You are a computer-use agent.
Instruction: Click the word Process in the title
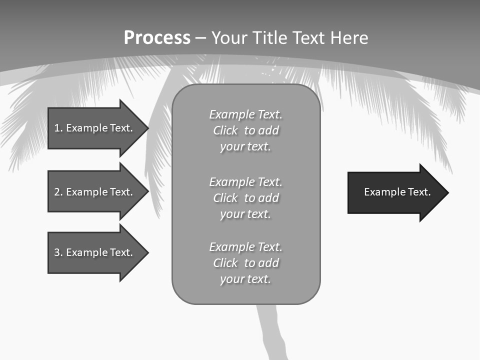(x=157, y=38)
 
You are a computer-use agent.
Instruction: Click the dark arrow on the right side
(x=395, y=192)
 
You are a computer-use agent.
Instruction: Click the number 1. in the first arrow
(x=58, y=128)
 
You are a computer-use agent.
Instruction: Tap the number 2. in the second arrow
(x=58, y=192)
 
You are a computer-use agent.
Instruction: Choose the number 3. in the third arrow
(x=58, y=252)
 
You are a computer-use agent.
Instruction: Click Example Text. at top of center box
(x=245, y=114)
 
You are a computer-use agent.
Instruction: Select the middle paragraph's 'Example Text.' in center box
(x=245, y=182)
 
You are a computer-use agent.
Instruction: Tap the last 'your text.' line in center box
(x=245, y=279)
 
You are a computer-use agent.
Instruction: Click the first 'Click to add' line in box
(x=245, y=130)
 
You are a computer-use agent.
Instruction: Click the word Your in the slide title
(x=231, y=38)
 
